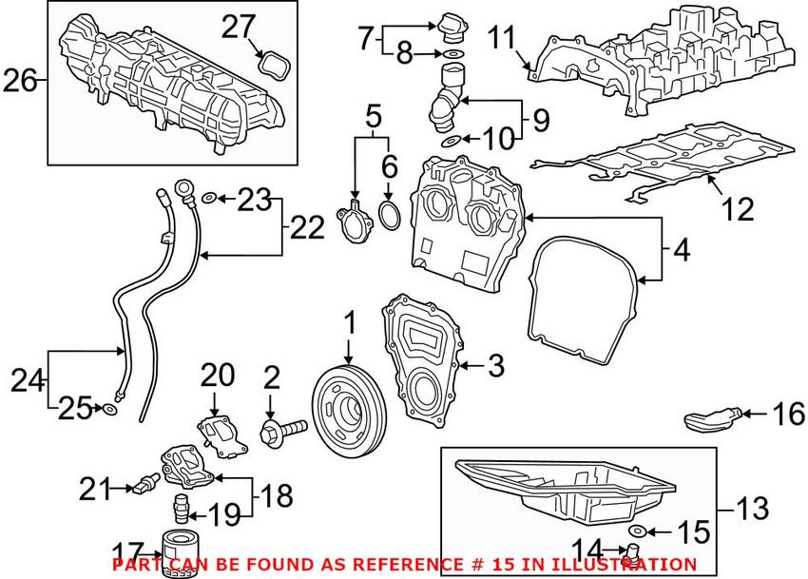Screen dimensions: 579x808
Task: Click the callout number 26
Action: [21, 83]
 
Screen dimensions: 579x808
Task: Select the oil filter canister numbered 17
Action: [178, 560]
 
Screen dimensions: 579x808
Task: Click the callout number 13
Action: [755, 509]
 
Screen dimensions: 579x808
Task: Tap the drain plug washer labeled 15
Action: [638, 529]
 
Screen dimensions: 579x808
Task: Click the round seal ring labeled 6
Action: [389, 215]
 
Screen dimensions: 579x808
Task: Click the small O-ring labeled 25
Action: [110, 410]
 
